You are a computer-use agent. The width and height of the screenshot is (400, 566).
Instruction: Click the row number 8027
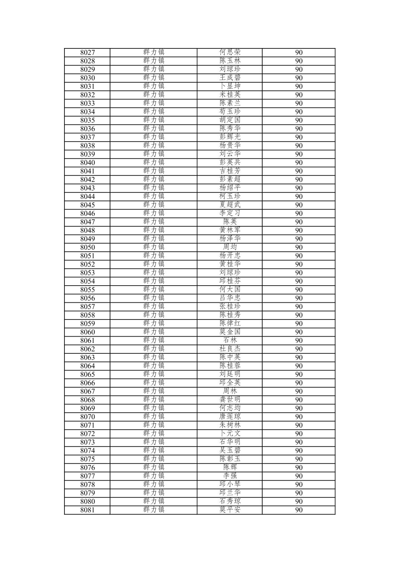pos(88,53)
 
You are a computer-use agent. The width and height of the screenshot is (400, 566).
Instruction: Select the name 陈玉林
pos(230,61)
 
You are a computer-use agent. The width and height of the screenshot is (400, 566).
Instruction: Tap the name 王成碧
pos(230,78)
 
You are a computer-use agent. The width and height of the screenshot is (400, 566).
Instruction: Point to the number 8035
pos(88,120)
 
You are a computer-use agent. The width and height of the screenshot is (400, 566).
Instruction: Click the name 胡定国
pos(230,120)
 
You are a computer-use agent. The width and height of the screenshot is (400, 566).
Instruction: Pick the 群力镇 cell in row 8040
pos(153,162)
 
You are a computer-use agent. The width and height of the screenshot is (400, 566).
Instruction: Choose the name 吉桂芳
pos(230,171)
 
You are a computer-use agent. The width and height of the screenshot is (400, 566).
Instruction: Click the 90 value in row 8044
pos(299,197)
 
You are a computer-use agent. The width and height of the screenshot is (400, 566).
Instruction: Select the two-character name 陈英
pos(230,222)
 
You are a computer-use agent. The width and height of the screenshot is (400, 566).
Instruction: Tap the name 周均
pos(230,247)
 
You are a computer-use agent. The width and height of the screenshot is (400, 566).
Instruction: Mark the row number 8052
pos(88,264)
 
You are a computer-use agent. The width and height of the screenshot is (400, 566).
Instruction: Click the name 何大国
pos(230,290)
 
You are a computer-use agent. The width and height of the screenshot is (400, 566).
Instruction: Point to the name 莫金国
pos(230,332)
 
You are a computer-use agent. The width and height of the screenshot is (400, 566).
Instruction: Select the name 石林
pos(230,340)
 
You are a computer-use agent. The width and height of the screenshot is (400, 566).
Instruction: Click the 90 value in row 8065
pos(299,375)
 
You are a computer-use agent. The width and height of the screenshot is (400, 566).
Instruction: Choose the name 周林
pos(230,391)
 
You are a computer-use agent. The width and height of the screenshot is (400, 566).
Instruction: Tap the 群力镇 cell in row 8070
pos(153,417)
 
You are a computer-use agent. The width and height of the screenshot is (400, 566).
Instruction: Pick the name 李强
pos(230,476)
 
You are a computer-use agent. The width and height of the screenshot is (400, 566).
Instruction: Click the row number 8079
pos(88,493)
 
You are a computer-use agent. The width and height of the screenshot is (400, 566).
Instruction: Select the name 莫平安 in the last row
pos(230,510)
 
